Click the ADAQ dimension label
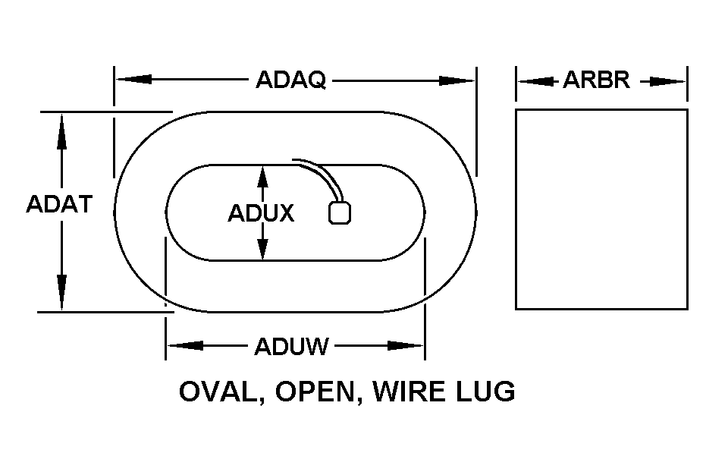click(x=290, y=80)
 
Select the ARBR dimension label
click(x=596, y=80)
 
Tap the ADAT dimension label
click(x=59, y=204)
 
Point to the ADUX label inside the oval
click(x=261, y=213)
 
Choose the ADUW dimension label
click(x=291, y=347)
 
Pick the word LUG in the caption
click(x=485, y=392)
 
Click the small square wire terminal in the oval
click(x=340, y=212)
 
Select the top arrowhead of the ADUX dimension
click(x=262, y=176)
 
